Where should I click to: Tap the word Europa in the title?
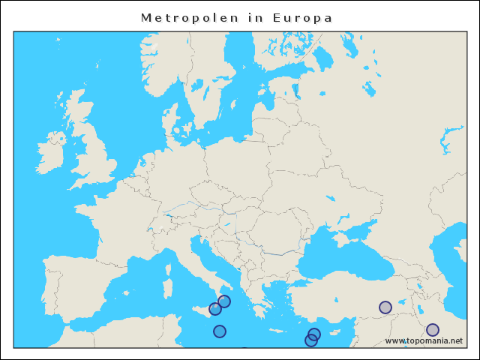(x=305, y=17)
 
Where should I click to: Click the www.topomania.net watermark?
(x=424, y=341)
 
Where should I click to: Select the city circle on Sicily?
(x=215, y=309)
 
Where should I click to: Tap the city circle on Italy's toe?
(x=224, y=301)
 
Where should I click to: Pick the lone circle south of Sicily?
(x=220, y=331)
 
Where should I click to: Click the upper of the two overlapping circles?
(x=315, y=334)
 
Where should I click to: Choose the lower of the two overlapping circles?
(x=310, y=340)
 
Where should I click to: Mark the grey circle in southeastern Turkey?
(x=385, y=307)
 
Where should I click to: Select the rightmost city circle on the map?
(x=433, y=330)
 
